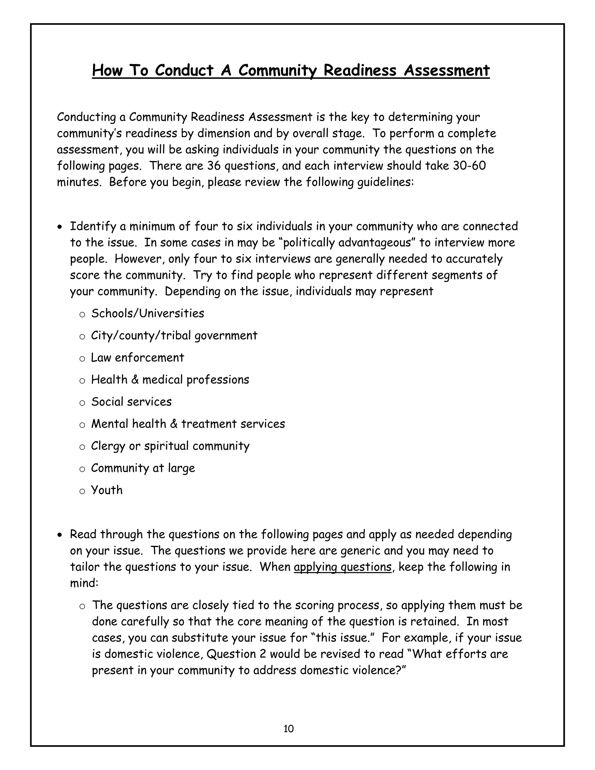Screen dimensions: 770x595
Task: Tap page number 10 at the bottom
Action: (288, 728)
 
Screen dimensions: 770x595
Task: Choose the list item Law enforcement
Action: (137, 357)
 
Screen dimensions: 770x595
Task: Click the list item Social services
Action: (131, 402)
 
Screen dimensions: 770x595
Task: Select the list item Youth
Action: (107, 490)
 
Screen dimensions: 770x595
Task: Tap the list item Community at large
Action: (143, 468)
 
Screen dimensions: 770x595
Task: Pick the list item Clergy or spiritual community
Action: (170, 446)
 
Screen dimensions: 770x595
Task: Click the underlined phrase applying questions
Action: (342, 567)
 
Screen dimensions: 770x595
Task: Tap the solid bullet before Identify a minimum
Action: (60, 227)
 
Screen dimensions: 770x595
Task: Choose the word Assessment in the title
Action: (447, 71)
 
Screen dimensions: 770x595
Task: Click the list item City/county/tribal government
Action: (174, 335)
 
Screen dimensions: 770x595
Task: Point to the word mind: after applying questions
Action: (84, 583)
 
